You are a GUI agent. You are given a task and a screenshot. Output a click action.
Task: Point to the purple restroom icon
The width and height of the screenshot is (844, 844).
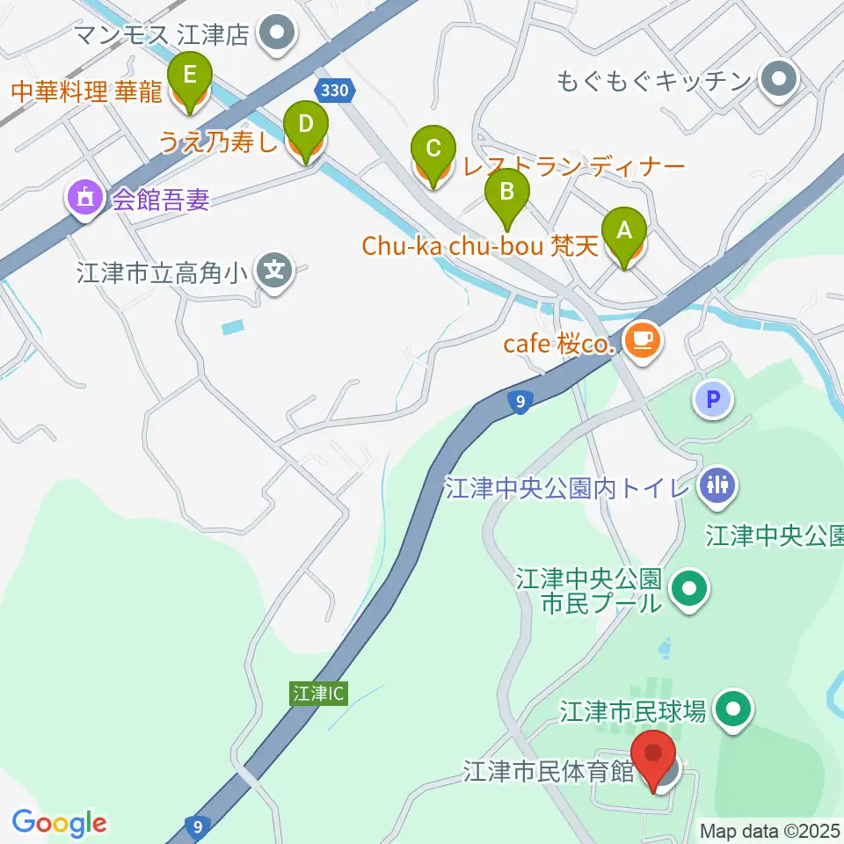tap(717, 485)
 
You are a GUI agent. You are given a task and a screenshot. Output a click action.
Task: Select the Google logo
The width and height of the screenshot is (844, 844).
tap(60, 823)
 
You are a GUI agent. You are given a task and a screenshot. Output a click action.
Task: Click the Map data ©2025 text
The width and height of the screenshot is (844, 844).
tap(768, 830)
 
